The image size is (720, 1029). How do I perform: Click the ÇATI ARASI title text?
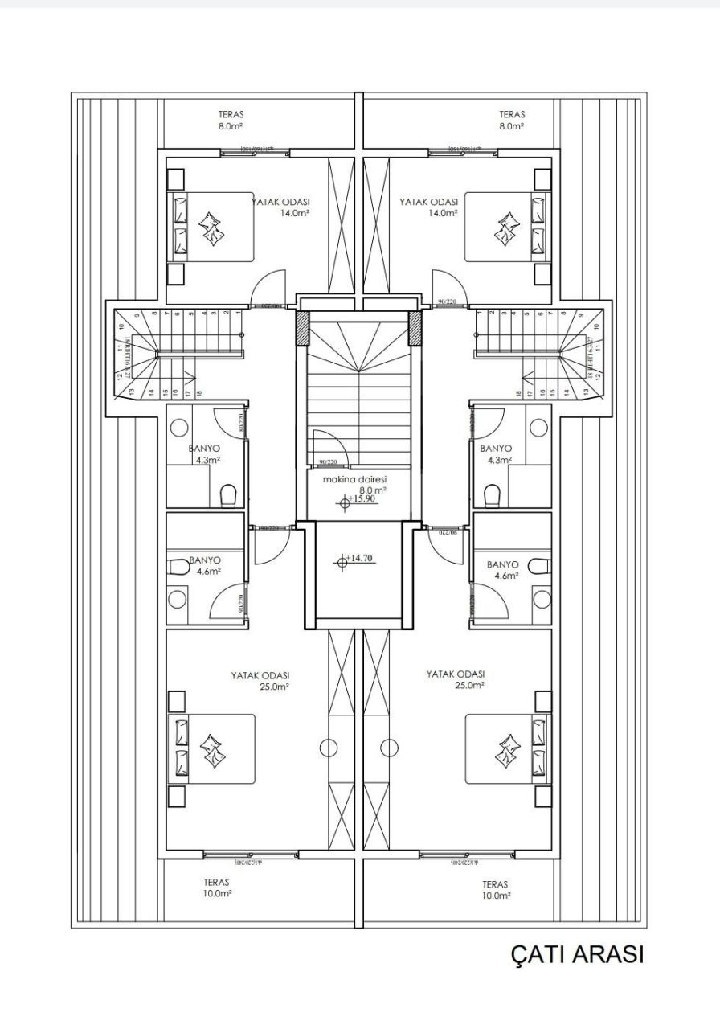coord(577,954)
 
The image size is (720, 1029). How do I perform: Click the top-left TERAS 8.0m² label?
coord(231,121)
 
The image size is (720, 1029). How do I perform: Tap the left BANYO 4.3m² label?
coord(205,454)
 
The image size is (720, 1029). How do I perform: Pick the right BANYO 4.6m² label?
coord(503,570)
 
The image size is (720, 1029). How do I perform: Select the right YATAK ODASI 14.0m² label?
coord(429,207)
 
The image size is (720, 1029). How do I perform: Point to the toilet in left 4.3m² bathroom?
coord(228,494)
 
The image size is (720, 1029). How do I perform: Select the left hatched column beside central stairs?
coord(302,327)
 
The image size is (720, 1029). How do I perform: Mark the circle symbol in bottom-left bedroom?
coord(328,748)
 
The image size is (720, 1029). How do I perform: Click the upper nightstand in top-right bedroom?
coord(542,178)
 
